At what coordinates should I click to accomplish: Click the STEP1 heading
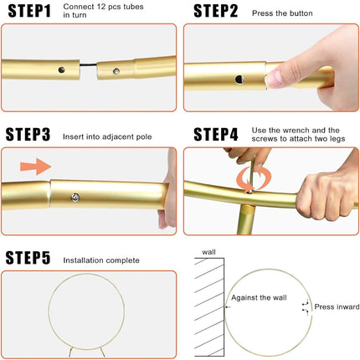coord(29,11)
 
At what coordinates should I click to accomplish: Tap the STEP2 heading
coord(216,11)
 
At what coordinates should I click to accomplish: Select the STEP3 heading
coord(28,135)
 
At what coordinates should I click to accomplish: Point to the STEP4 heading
coord(216,135)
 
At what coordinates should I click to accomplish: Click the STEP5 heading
coord(28,258)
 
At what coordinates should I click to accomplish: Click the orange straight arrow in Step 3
coord(36,167)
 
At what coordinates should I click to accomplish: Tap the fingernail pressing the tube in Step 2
coord(274,79)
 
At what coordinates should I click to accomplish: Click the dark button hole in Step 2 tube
coord(239,80)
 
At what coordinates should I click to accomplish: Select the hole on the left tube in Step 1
coord(61,69)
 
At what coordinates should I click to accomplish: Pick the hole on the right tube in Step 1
coord(116,71)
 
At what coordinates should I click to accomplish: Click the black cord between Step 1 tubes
coord(89,65)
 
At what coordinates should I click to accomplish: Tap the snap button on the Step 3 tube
coord(75,198)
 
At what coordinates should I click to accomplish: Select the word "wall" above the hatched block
coord(208,252)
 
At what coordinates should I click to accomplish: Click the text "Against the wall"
coord(259,298)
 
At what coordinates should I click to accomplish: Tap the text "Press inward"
coord(337,306)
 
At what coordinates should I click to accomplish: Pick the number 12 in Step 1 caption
coord(100,7)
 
